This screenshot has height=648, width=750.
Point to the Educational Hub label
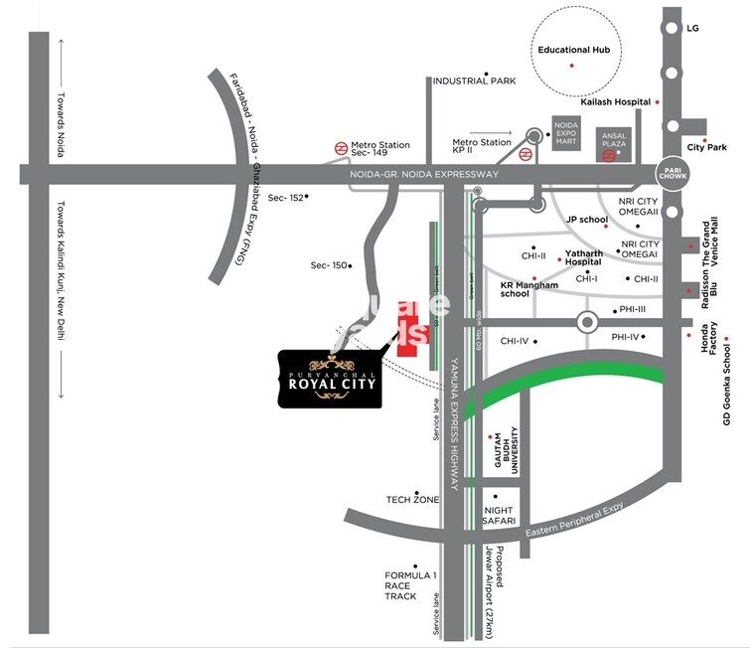(x=573, y=49)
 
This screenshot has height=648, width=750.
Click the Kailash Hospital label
(x=615, y=101)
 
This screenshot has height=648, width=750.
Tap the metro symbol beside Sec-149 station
(x=340, y=148)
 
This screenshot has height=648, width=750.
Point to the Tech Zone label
(x=412, y=500)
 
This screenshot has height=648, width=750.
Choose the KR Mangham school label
(x=528, y=288)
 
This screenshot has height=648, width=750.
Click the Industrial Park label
(x=474, y=81)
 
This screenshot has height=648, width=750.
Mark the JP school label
(x=586, y=220)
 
